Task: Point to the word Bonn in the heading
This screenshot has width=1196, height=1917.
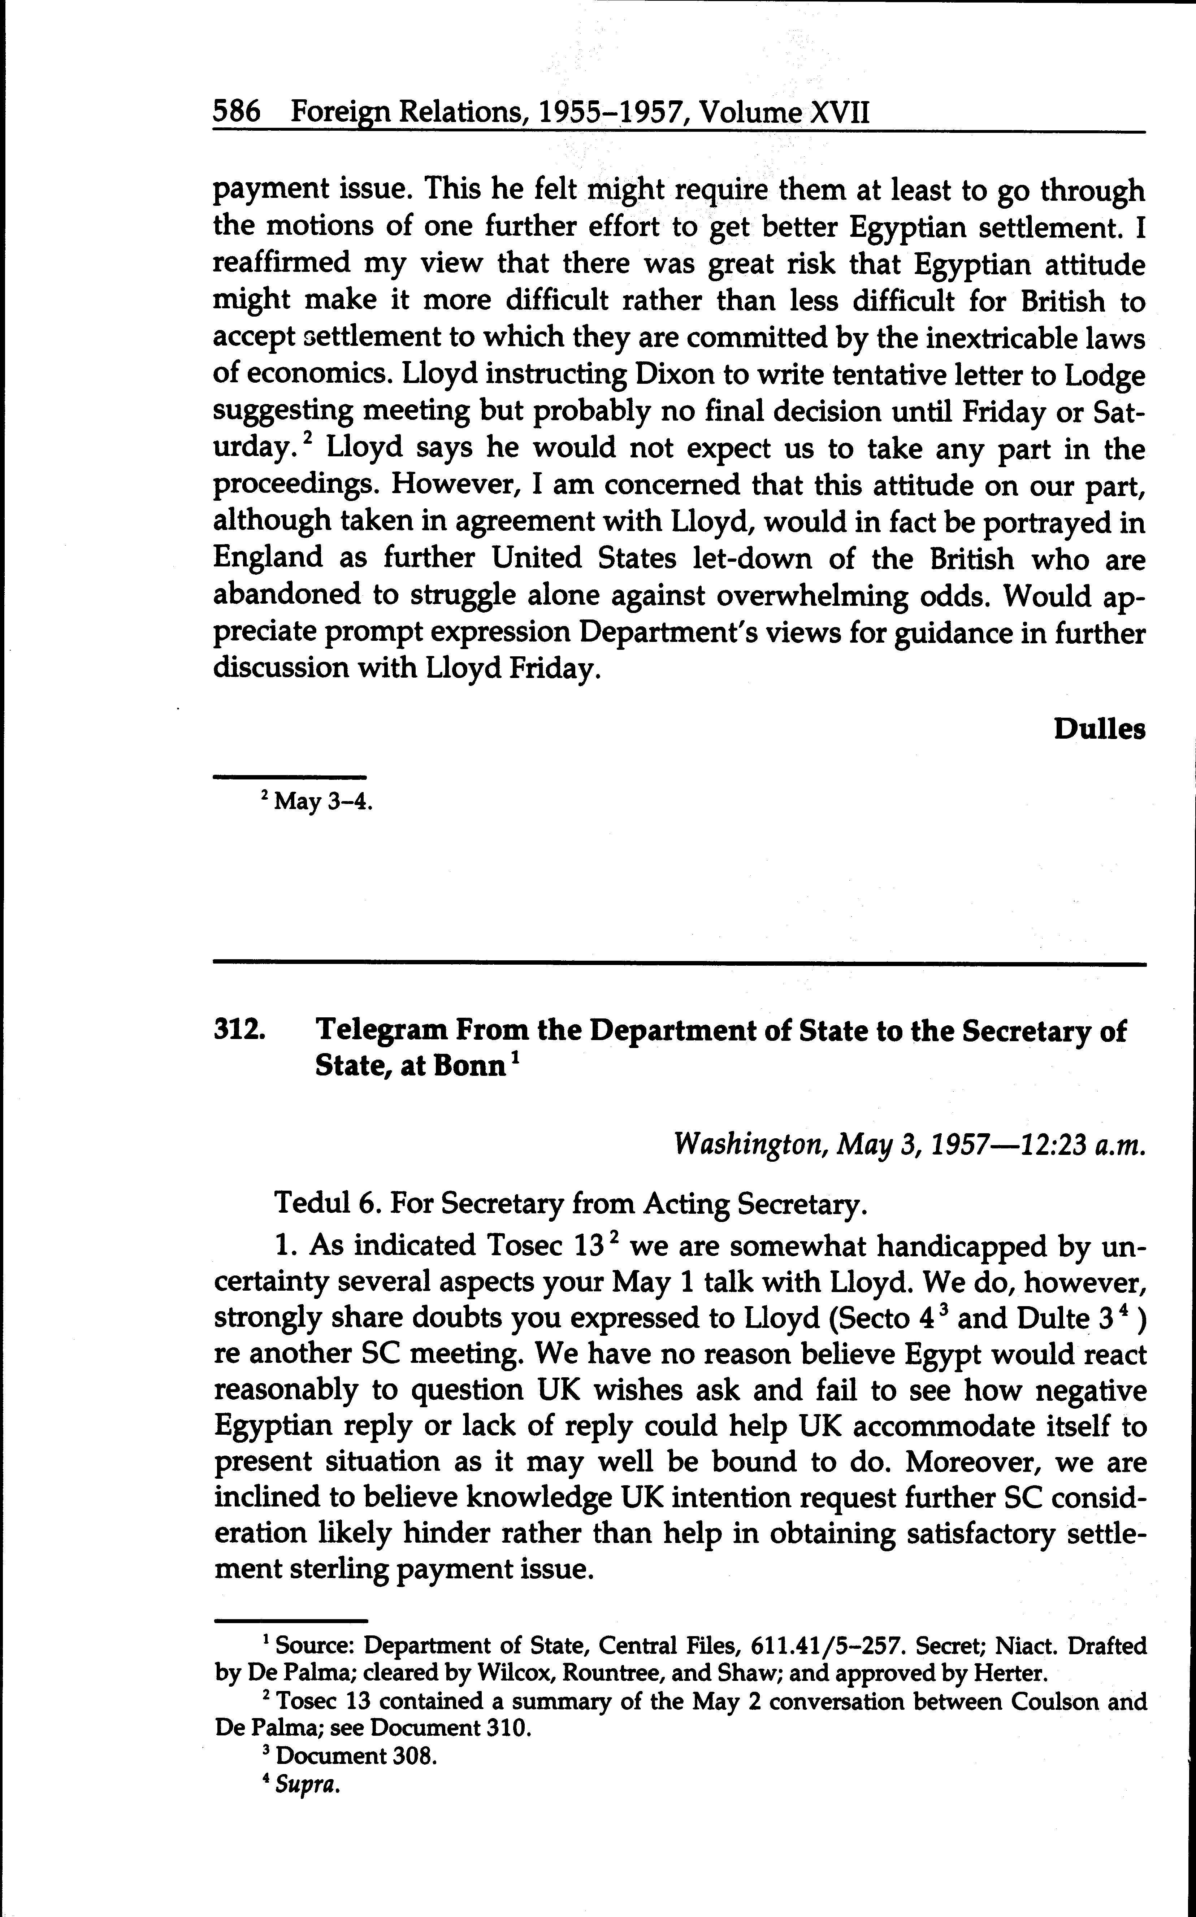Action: point(468,1066)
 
